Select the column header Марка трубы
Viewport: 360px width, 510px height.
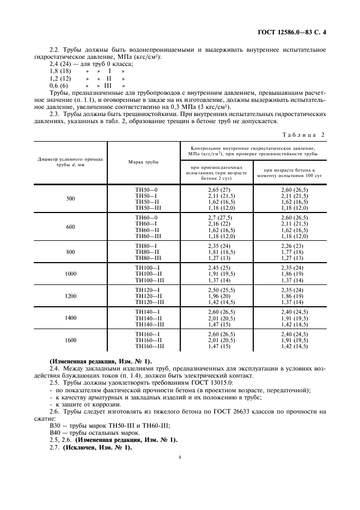tap(143, 162)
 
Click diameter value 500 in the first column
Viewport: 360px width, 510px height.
tap(70, 199)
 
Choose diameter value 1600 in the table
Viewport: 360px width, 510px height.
tap(70, 340)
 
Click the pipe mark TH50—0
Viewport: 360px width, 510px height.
tap(147, 189)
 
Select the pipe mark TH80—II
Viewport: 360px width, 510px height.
tap(147, 252)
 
